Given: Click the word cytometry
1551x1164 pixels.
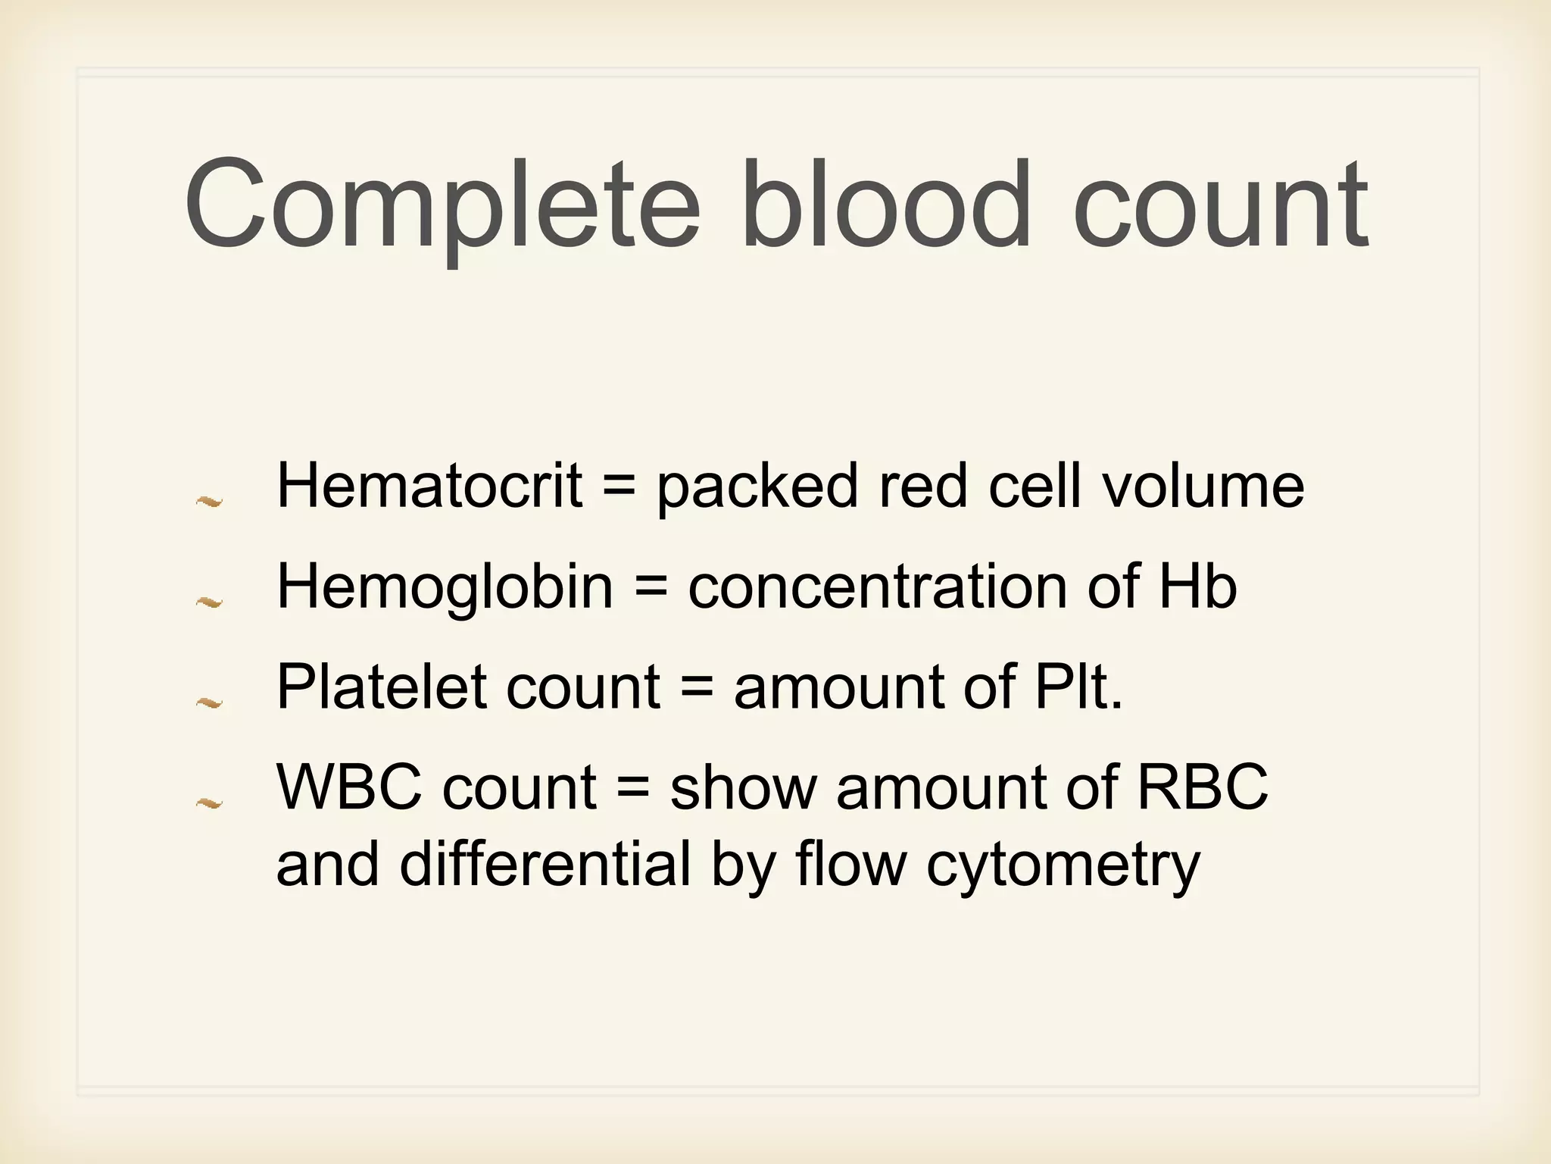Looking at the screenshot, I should [x=1063, y=865].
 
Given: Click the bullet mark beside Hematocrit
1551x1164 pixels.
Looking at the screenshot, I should [x=209, y=501].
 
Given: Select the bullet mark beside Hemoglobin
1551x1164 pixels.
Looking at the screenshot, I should [x=209, y=602].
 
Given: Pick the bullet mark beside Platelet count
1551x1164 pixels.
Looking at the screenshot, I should [x=209, y=703].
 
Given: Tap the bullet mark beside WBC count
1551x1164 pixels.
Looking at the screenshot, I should [x=209, y=803].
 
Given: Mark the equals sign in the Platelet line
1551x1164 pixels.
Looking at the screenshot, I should [x=697, y=688].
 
